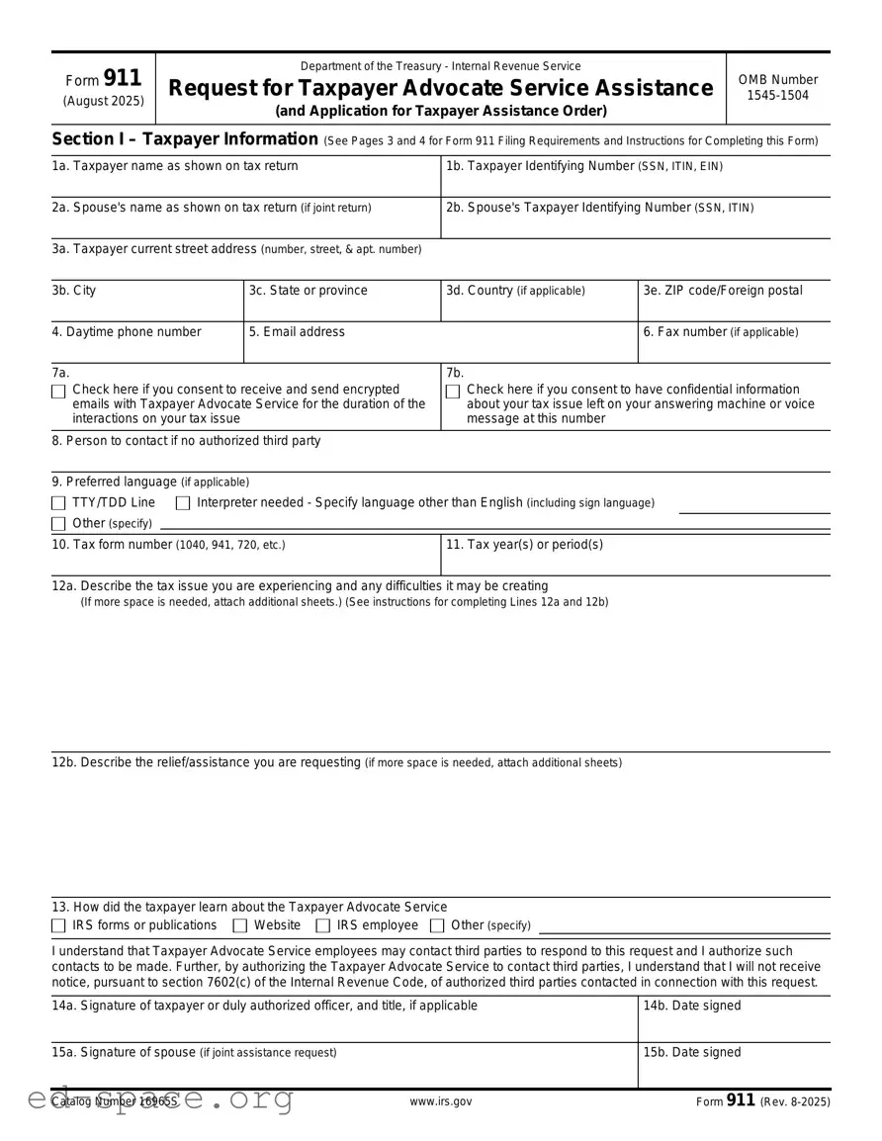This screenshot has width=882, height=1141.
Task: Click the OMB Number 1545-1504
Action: point(778,87)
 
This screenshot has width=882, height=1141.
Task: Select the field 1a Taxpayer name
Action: point(245,184)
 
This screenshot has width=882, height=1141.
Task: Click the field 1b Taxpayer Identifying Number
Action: point(635,184)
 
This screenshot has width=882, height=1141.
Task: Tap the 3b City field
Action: point(146,308)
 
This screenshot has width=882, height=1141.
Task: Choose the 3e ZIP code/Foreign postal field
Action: point(734,308)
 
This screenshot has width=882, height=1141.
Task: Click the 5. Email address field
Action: point(440,349)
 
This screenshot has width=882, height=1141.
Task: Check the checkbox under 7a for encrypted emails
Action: point(58,392)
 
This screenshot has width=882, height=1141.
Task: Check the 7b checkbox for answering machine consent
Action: point(453,392)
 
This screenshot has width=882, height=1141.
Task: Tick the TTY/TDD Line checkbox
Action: point(58,503)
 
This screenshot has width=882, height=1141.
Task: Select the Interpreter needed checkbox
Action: point(183,503)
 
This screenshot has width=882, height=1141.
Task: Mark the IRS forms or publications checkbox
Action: point(58,926)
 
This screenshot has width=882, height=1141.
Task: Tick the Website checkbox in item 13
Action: point(240,926)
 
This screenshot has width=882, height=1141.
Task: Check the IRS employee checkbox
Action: point(322,926)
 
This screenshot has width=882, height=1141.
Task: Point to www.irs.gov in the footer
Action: point(440,1101)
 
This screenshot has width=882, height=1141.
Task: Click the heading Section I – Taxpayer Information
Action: point(184,139)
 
